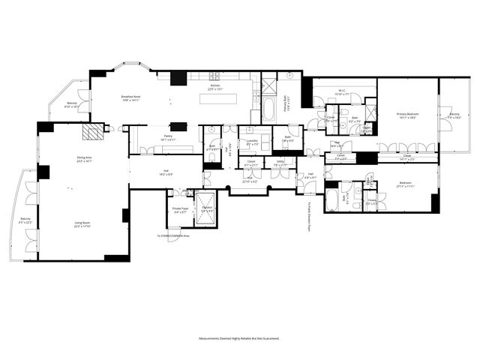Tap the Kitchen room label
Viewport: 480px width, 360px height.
[214, 87]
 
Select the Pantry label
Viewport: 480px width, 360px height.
[167, 138]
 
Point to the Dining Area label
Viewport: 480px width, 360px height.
[84, 158]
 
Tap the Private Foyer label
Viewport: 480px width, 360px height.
[181, 211]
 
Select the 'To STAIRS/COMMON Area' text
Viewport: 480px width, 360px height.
[173, 235]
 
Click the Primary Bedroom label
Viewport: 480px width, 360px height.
[407, 115]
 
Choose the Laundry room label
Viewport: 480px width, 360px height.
[253, 143]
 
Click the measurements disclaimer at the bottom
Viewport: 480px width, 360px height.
[239, 339]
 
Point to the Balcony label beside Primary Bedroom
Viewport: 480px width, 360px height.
[454, 116]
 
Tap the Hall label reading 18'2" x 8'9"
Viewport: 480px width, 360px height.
[165, 172]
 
